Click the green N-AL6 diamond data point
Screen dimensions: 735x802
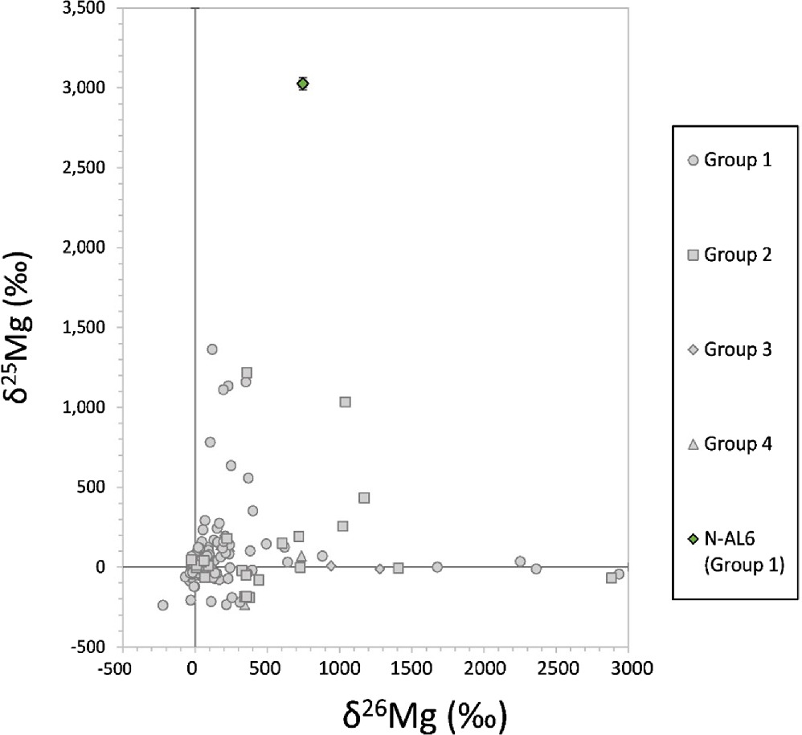coord(303,84)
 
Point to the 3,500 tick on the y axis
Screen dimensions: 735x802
coord(88,9)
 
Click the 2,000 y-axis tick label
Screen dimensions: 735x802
coord(88,247)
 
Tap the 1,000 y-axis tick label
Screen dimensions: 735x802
coord(88,407)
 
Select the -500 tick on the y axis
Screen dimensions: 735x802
coord(92,647)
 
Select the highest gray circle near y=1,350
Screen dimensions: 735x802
coord(212,349)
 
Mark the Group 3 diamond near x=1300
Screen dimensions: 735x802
coord(380,569)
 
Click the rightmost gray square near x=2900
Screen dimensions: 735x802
coord(612,578)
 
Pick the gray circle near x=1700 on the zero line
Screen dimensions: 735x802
coord(437,567)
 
